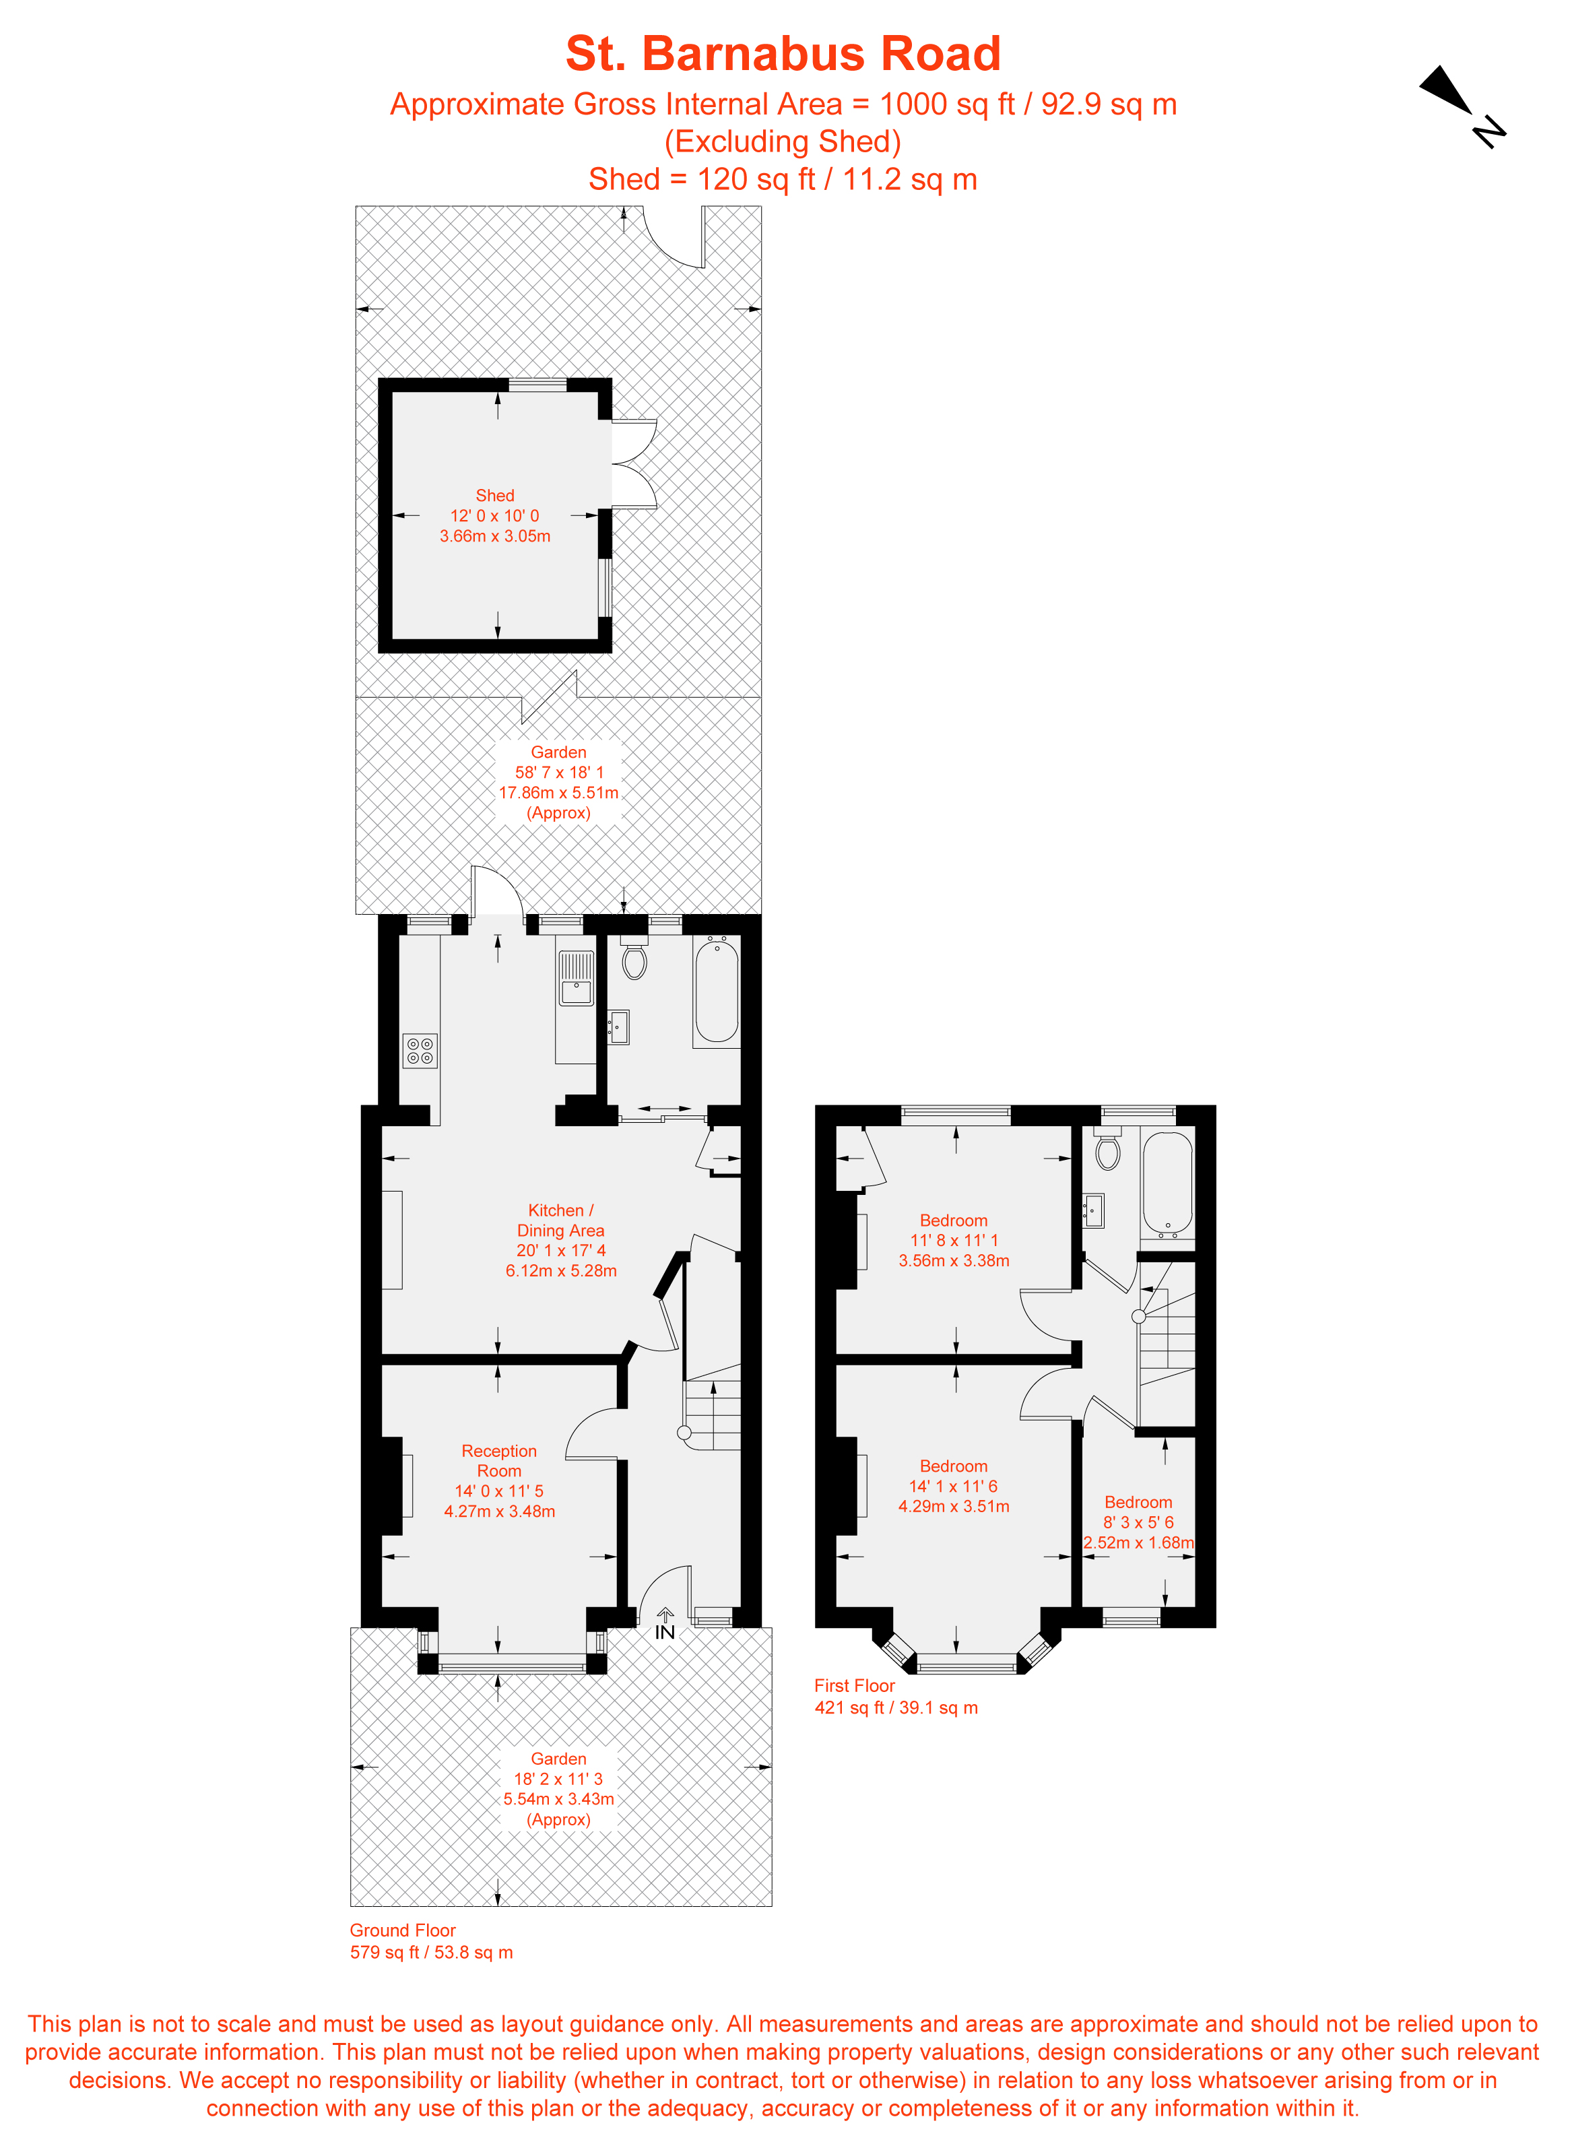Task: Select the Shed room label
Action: (x=495, y=496)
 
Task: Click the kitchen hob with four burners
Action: (x=420, y=1051)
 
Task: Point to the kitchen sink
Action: (x=576, y=978)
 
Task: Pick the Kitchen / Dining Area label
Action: (x=560, y=1220)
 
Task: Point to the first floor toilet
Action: (x=1108, y=1152)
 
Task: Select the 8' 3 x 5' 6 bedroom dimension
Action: (x=1138, y=1522)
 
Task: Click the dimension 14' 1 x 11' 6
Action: (x=954, y=1487)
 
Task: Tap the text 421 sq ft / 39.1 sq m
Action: (x=896, y=1707)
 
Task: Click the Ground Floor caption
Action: (x=403, y=1930)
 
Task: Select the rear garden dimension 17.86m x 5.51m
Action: (x=558, y=793)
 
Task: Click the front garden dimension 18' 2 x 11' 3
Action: (x=558, y=1779)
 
